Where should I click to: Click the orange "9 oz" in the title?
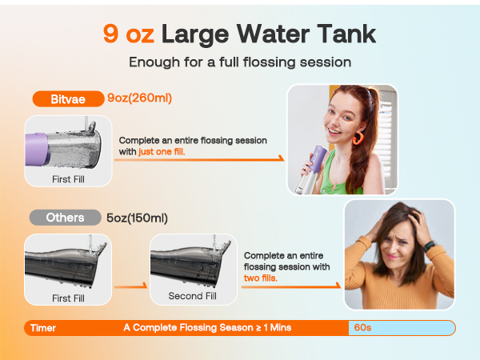pyautogui.click(x=128, y=34)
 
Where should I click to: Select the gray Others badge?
pyautogui.click(x=63, y=218)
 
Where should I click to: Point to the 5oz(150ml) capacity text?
pyautogui.click(x=137, y=218)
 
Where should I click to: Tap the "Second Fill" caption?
pyautogui.click(x=192, y=296)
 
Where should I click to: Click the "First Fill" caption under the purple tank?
pyautogui.click(x=68, y=179)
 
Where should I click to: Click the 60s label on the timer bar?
pyautogui.click(x=363, y=328)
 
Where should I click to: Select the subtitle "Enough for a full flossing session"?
pyautogui.click(x=239, y=62)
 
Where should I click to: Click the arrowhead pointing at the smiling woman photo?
pyautogui.click(x=281, y=158)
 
